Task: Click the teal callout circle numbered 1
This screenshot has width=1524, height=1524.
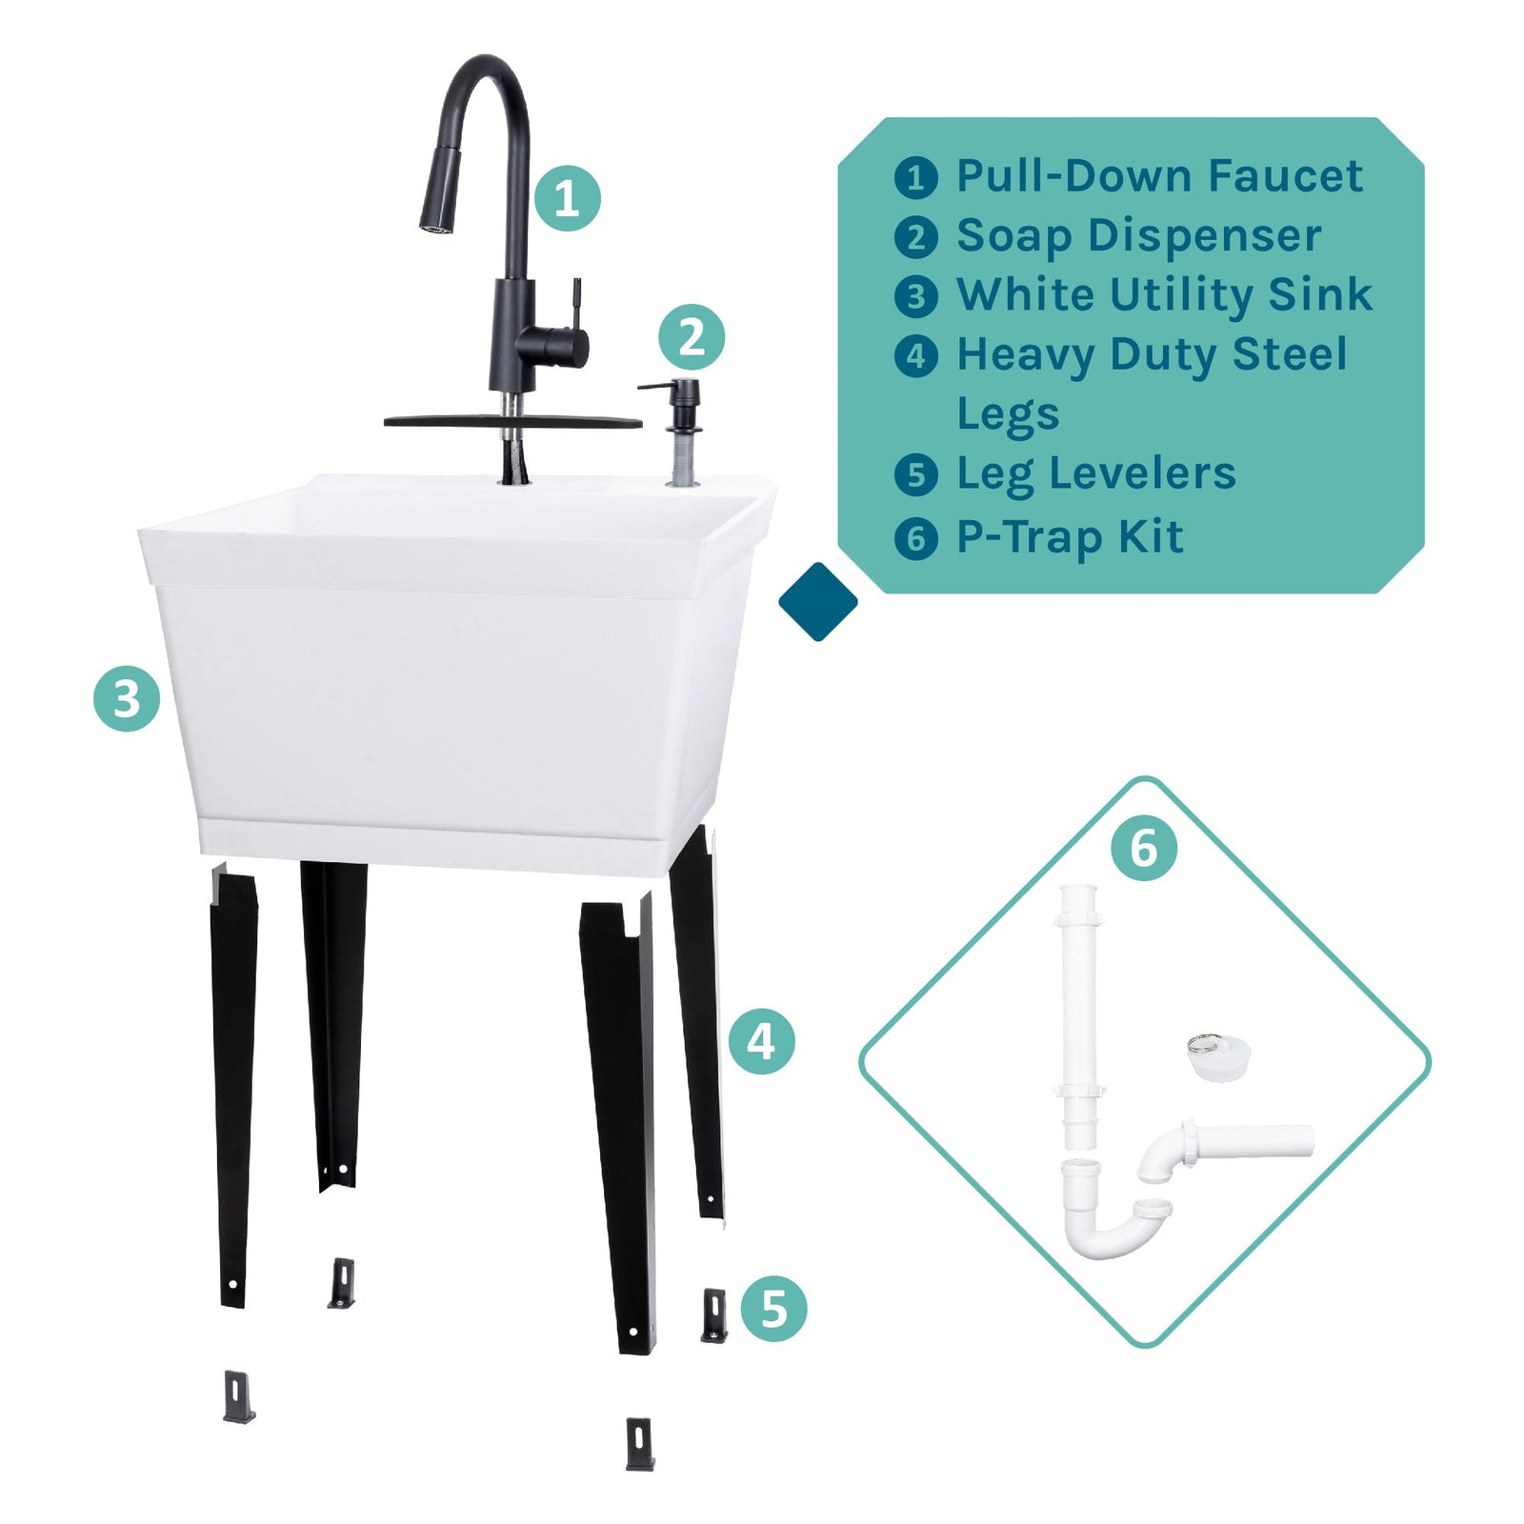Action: [567, 198]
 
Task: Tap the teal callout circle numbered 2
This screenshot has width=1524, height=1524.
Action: [692, 337]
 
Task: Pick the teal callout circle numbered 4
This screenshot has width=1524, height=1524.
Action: [761, 1041]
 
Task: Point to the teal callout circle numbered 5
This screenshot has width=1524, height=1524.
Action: [773, 1309]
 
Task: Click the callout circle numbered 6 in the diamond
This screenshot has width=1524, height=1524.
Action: [1143, 847]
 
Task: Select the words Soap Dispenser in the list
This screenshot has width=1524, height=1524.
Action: [1138, 235]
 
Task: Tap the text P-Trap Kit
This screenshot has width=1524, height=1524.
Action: [1070, 537]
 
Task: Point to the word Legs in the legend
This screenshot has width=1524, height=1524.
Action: [1008, 414]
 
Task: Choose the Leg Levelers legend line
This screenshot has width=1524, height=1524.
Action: [1095, 473]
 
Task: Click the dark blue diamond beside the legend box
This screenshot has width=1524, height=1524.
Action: [817, 601]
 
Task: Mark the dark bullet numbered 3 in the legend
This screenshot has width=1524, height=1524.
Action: [915, 296]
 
